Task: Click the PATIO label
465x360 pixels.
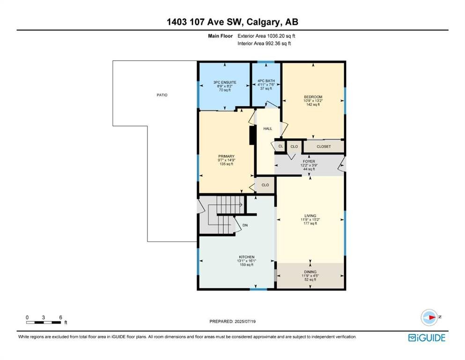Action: tap(162, 95)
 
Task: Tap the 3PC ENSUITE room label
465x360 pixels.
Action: tap(225, 82)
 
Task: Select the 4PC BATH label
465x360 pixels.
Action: tap(266, 81)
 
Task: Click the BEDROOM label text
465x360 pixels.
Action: tap(313, 97)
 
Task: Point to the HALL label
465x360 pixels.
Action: tap(267, 128)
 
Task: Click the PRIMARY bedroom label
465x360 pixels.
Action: tap(226, 157)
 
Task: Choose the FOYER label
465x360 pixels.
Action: tap(309, 161)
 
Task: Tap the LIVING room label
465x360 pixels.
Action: tap(310, 216)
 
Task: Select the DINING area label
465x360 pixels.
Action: tap(310, 272)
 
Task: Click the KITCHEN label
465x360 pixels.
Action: tap(247, 257)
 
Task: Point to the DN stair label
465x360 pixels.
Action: tap(245, 225)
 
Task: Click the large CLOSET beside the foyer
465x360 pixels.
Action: tap(324, 147)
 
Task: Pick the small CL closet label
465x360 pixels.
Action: tap(280, 146)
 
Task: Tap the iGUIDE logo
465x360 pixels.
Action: tap(427, 338)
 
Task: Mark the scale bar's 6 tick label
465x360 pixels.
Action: tap(60, 317)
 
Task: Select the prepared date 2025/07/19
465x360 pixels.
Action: tap(245, 322)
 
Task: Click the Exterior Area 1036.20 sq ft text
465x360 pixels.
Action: tap(266, 36)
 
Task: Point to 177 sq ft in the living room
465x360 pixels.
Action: tap(310, 224)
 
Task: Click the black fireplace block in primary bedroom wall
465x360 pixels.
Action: tap(253, 135)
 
